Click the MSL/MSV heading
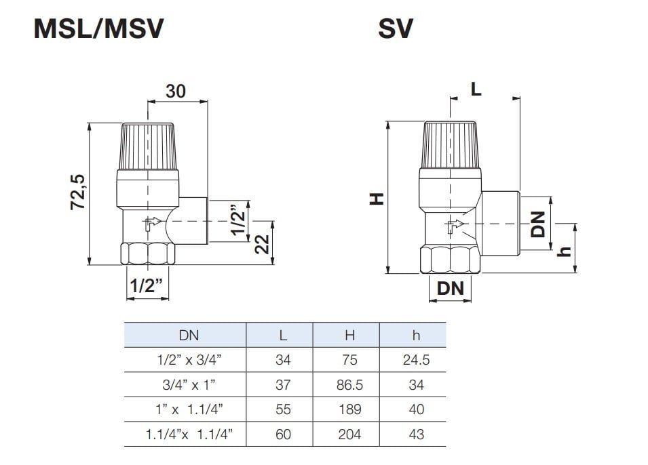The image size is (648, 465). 98,29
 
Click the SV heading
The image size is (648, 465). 396,29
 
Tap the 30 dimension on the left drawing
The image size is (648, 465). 175,91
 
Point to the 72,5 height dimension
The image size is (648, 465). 78,192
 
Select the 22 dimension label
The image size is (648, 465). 262,242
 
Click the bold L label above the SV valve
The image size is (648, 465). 476,89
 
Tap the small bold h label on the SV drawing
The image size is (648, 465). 565,250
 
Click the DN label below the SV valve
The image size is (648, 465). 450,288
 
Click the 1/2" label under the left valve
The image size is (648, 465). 147,285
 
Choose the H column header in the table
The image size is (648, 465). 349,335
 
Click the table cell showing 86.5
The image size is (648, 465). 349,385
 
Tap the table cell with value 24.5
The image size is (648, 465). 416,360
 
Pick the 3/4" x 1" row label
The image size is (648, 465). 185,385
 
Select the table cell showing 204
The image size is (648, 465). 349,434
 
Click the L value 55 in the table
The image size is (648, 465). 283,409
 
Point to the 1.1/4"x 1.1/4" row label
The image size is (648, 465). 185,434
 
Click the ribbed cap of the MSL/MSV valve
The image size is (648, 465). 148,146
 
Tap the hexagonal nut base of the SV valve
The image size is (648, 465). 451,259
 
